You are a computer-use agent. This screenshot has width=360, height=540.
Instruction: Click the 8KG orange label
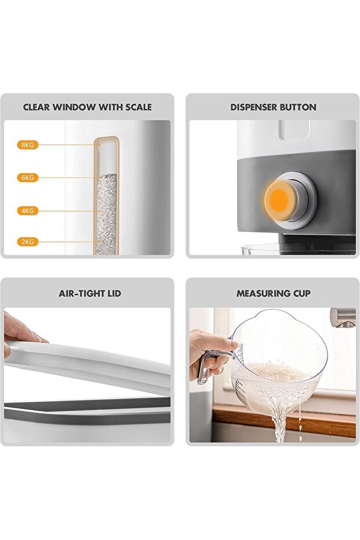(x=27, y=145)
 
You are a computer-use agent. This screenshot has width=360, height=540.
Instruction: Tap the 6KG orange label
(x=27, y=177)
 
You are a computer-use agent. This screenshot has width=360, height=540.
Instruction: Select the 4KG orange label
(x=27, y=211)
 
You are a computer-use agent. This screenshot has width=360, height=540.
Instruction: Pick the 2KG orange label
(x=27, y=242)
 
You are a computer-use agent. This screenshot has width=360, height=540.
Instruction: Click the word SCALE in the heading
(x=139, y=107)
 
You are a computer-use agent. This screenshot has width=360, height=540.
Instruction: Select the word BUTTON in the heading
(x=298, y=107)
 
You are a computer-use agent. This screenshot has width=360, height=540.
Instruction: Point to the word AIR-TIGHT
(x=80, y=293)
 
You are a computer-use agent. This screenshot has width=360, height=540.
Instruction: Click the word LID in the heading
(x=112, y=293)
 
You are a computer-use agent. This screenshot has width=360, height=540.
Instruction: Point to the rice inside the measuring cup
(x=278, y=371)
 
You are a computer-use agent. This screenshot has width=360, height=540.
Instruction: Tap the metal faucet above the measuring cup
(x=343, y=317)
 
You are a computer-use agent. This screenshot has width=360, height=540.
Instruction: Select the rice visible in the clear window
(x=106, y=214)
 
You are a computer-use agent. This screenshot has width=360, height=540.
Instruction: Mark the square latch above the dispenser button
(x=293, y=129)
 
